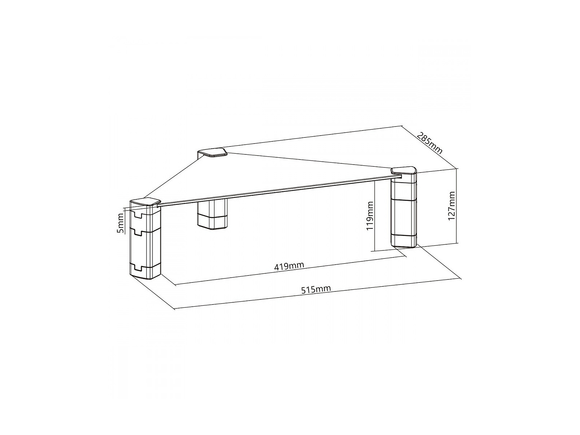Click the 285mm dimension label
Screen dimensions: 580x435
[x=430, y=144]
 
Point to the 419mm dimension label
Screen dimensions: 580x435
[x=289, y=266]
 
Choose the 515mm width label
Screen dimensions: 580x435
[x=316, y=289]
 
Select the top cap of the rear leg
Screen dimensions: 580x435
[x=212, y=153]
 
